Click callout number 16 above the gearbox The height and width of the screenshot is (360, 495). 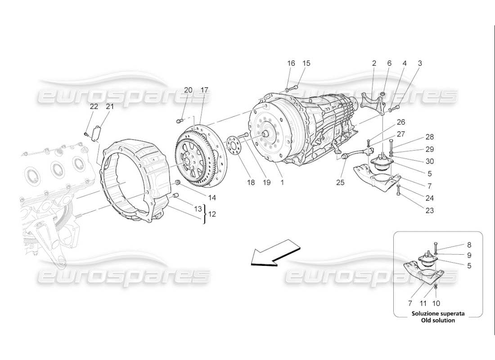[x=291, y=63]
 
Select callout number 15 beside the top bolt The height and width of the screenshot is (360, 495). [x=306, y=63]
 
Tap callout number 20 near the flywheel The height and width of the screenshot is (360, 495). [x=188, y=90]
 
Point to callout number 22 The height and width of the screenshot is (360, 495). [x=94, y=107]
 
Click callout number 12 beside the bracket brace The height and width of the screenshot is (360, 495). [x=211, y=214]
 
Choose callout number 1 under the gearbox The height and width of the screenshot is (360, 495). [x=283, y=182]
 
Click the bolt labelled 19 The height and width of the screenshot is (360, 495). [x=245, y=135]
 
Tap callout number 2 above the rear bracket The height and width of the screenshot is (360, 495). [x=374, y=63]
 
